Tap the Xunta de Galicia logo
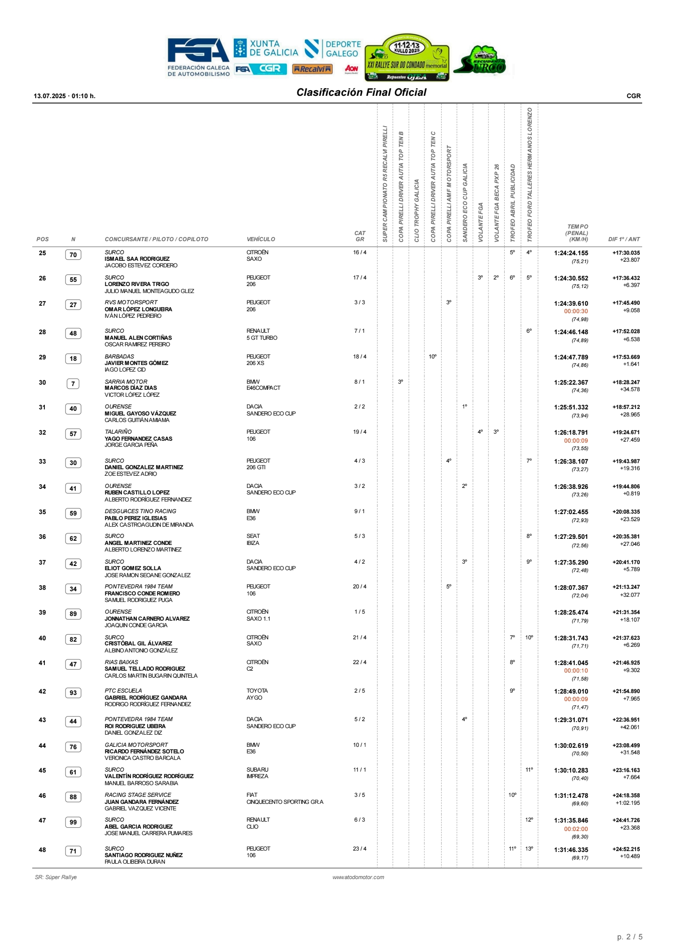coord(266,48)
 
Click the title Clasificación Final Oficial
coord(361,93)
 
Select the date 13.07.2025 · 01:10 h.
coord(64,96)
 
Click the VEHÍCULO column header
coord(261,239)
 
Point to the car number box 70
coord(73,255)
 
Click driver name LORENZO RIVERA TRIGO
coord(137,284)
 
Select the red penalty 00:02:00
coord(576,829)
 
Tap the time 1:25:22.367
coord(571,382)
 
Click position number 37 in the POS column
coord(43,562)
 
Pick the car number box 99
coord(73,822)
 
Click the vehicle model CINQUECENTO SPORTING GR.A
coord(285,802)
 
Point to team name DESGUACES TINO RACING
coord(140,511)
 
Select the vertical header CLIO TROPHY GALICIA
coord(417,210)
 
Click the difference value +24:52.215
coord(626,849)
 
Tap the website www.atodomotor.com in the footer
coord(358,877)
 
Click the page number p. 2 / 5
coord(630,937)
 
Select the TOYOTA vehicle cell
coord(257,691)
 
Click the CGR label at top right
coord(633,96)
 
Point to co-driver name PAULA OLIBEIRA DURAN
coord(135,862)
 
